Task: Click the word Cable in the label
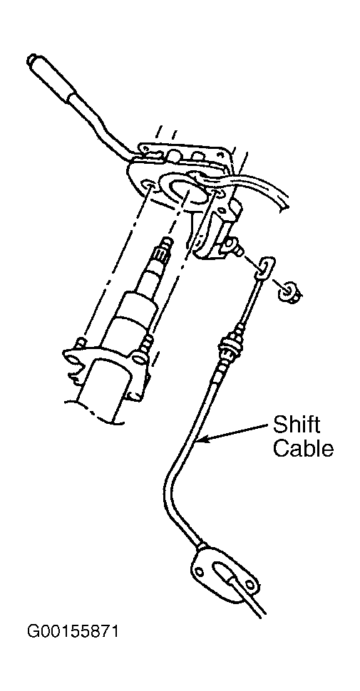(303, 449)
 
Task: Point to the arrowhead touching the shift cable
(205, 439)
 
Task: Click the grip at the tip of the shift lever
(51, 79)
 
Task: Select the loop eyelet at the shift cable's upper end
(264, 269)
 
